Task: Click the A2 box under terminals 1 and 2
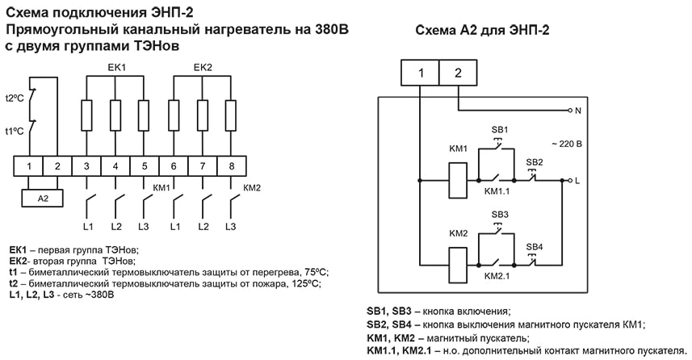point(43,198)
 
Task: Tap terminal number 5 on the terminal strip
point(145,166)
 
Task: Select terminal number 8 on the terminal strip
point(231,166)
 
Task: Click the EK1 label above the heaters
point(116,67)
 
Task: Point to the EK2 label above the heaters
point(202,67)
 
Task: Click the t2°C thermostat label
point(15,98)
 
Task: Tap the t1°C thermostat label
point(15,131)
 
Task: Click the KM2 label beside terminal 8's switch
point(252,188)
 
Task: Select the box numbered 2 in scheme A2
point(458,73)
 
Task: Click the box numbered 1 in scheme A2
point(421,73)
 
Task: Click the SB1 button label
point(500,130)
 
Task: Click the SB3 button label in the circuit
point(500,214)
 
